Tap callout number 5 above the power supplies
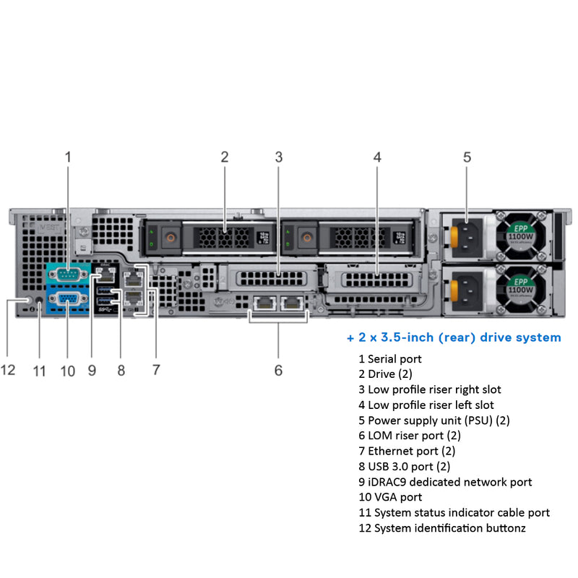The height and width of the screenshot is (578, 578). pos(467,157)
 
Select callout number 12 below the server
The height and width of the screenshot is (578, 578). pos(8,370)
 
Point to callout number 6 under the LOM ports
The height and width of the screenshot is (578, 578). pos(278,371)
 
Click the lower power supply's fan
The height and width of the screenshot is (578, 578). pos(522,290)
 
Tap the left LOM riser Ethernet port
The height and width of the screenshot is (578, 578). pos(263,305)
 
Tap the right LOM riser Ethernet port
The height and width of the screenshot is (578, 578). pos(292,305)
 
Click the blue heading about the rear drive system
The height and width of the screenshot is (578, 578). pos(454,337)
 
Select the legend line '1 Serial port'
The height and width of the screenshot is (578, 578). pos(390,358)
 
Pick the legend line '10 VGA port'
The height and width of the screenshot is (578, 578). pos(390,497)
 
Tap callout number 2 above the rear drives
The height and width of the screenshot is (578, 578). pos(225,157)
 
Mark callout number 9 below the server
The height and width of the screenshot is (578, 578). pos(92,371)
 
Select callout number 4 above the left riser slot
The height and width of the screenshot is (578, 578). pos(377,157)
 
